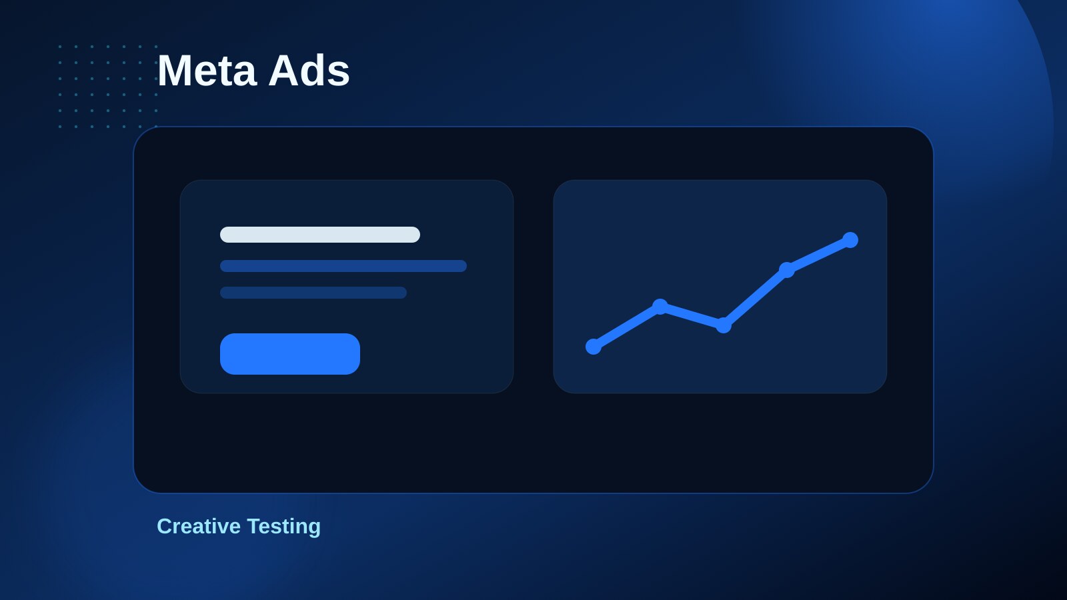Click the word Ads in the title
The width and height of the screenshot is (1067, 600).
(309, 71)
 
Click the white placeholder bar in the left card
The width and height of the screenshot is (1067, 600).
(320, 235)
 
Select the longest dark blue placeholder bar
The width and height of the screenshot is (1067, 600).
(343, 266)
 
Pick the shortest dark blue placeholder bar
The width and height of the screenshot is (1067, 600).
(313, 293)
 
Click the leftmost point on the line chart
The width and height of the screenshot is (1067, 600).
(594, 347)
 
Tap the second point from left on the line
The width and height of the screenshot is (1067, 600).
(660, 307)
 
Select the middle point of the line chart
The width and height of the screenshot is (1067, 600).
(724, 325)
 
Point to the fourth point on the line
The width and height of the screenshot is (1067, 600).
(787, 270)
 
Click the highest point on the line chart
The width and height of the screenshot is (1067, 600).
(850, 240)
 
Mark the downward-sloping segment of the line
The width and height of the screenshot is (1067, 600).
(692, 316)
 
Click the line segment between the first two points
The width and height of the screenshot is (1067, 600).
(627, 327)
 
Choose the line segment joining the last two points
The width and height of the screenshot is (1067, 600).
(818, 255)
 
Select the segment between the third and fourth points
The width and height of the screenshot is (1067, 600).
(755, 297)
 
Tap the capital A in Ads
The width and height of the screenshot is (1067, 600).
(285, 71)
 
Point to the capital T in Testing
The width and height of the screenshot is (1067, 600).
(255, 526)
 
